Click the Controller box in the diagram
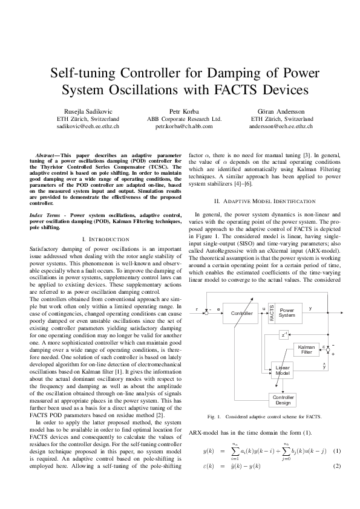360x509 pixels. tap(242, 313)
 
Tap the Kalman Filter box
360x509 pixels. tap(306, 349)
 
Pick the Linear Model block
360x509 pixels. tap(283, 371)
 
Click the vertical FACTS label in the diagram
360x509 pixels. tap(272, 313)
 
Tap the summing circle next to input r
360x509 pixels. tap(207, 313)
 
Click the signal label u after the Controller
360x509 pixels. tap(263, 308)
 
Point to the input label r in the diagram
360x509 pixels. tap(197, 309)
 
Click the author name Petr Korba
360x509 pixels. tap(184, 112)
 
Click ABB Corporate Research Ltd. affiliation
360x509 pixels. tap(184, 120)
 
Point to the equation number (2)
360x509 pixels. tap(337, 466)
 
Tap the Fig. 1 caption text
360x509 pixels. tap(264, 418)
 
